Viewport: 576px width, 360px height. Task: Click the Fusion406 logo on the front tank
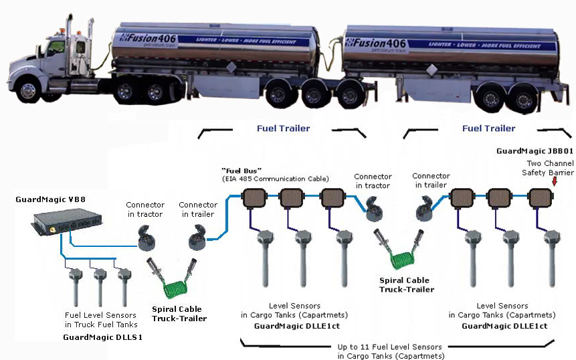(x=149, y=39)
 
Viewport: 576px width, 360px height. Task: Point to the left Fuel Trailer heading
(x=283, y=128)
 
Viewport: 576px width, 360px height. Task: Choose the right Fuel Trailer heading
(x=488, y=128)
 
